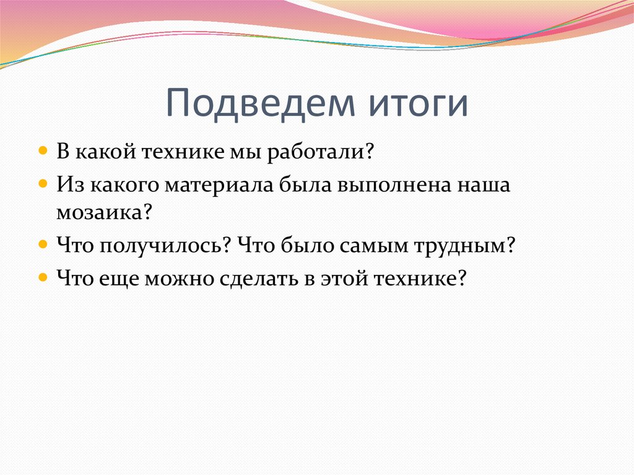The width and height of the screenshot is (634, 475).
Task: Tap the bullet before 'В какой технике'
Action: coord(43,150)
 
